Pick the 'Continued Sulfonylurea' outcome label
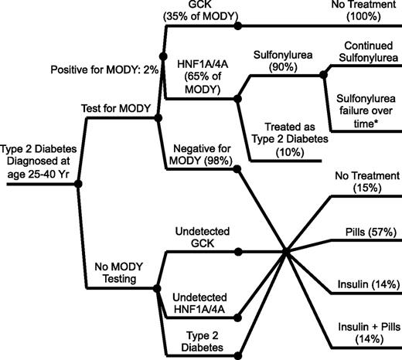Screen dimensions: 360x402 (364, 54)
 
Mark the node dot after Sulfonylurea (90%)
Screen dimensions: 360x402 (322, 76)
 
